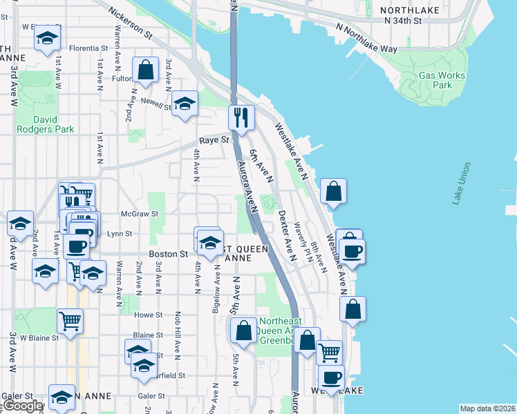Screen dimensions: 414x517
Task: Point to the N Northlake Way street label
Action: coord(366,39)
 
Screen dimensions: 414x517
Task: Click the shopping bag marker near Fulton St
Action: coord(145,70)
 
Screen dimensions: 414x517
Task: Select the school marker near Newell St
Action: coord(185,103)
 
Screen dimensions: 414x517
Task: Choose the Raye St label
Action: coord(214,140)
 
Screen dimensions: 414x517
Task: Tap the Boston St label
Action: coord(169,254)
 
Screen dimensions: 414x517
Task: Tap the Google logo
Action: coord(22,406)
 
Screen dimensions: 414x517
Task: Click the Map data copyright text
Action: coord(487,408)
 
